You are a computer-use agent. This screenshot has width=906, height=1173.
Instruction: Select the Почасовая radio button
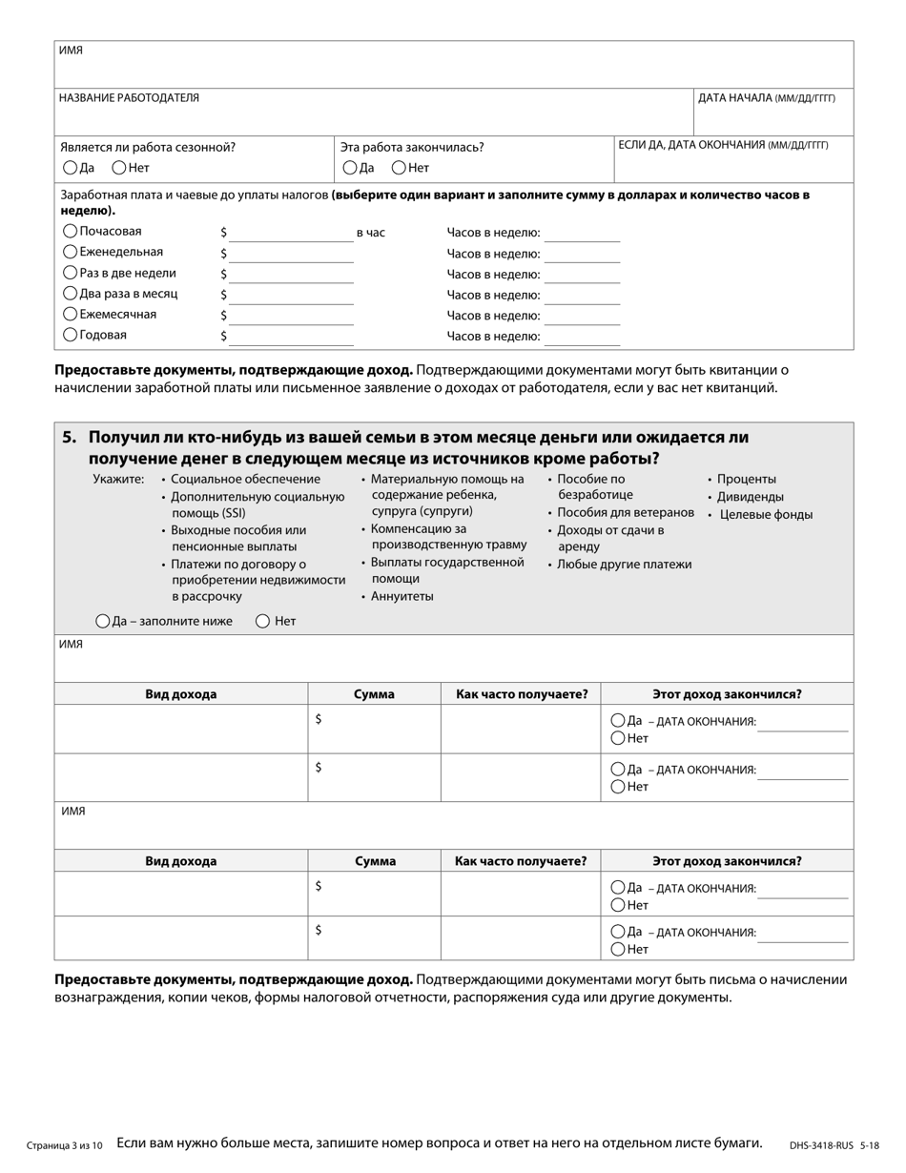pyautogui.click(x=70, y=231)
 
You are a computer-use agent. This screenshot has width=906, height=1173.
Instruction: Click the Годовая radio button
pyautogui.click(x=70, y=335)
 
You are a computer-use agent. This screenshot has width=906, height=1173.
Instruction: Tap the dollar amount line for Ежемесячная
pyautogui.click(x=291, y=316)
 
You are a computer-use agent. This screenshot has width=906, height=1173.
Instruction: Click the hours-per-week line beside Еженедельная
pyautogui.click(x=582, y=255)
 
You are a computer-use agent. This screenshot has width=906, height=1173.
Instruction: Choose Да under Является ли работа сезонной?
pyautogui.click(x=70, y=168)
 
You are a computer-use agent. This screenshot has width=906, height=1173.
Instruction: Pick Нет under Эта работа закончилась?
pyautogui.click(x=399, y=168)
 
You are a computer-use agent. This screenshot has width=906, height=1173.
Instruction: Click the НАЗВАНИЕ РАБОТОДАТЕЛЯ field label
pyautogui.click(x=129, y=98)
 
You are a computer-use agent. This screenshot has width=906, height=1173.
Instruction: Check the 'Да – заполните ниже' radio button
pyautogui.click(x=102, y=621)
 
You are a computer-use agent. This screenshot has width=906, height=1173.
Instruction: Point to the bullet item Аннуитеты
pyautogui.click(x=402, y=596)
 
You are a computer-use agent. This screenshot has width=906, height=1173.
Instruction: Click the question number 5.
pyautogui.click(x=69, y=438)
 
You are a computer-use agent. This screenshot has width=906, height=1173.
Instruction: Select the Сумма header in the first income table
pyautogui.click(x=374, y=694)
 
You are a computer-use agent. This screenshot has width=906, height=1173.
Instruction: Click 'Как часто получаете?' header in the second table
pyautogui.click(x=521, y=861)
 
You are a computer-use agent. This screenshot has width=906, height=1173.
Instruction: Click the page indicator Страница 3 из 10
pyautogui.click(x=65, y=1145)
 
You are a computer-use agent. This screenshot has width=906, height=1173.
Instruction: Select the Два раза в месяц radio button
pyautogui.click(x=70, y=294)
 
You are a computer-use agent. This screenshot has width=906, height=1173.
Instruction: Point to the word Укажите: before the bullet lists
pyautogui.click(x=118, y=480)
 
